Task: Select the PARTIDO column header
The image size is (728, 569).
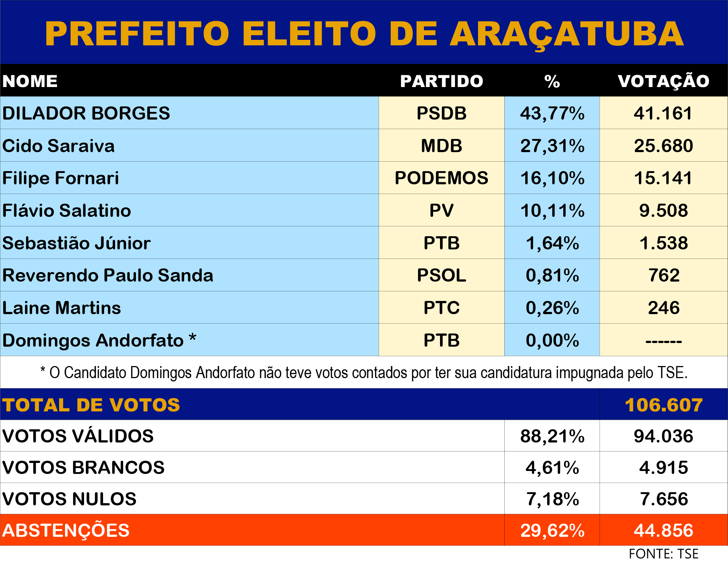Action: point(441,81)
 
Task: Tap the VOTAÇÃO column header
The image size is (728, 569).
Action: point(663,81)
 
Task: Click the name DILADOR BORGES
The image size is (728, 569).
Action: point(86,113)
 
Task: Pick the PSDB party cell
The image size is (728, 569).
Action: point(441,113)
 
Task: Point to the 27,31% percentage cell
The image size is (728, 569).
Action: point(552,146)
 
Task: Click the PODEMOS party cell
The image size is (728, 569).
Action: point(441,178)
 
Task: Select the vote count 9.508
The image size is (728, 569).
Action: point(663,211)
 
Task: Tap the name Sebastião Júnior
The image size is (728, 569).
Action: point(76,243)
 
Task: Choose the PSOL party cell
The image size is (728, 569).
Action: point(441,275)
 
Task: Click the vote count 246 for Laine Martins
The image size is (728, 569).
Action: point(663,308)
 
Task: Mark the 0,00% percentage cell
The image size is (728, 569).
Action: point(552,340)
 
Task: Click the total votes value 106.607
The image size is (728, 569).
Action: point(663,405)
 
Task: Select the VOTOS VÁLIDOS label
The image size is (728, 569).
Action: point(78,436)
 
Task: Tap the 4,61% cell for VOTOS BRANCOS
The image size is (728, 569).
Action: point(552,468)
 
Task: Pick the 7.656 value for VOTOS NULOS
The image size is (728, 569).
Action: point(663,499)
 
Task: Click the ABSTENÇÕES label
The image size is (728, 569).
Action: point(66,530)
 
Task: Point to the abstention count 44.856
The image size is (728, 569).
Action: point(663,530)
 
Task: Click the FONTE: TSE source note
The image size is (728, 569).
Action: point(663,554)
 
